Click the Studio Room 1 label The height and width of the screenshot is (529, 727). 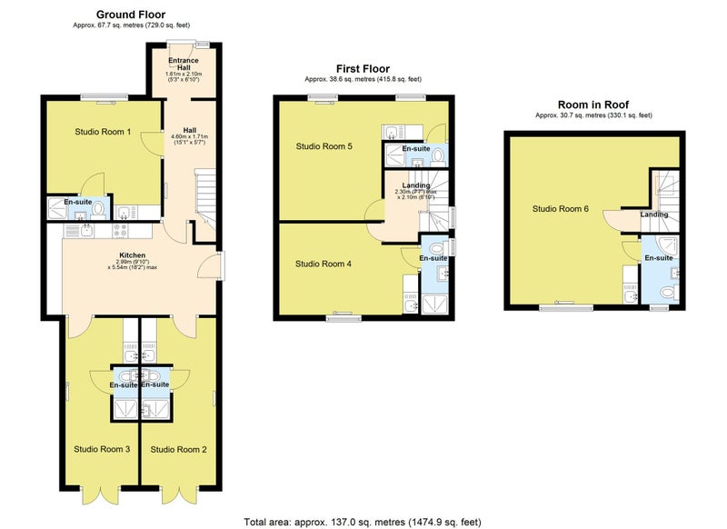point(103,132)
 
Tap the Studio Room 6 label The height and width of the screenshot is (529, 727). point(560,209)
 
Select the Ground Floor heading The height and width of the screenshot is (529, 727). point(131,15)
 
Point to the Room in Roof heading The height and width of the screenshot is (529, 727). point(593,105)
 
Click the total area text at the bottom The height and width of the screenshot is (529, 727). point(363,522)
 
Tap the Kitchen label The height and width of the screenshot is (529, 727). point(132,255)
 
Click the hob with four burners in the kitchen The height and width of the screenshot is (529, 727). point(121,231)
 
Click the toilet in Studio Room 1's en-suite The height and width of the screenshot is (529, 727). point(98,210)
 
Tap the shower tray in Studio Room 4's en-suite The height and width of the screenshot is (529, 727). point(434,304)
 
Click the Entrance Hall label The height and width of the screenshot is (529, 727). point(184,64)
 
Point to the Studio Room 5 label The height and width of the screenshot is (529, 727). point(324,146)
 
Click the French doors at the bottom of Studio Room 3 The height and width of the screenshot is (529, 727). point(101,495)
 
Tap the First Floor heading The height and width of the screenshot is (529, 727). point(363,68)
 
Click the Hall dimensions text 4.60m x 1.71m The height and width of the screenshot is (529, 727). point(190,136)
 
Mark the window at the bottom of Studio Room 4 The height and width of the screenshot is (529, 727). point(344,317)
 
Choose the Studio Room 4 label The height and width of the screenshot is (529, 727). point(324,264)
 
